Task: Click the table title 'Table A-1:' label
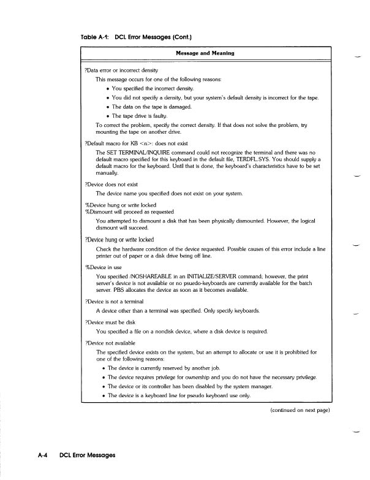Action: (95, 36)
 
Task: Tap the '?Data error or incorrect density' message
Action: (121, 72)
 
